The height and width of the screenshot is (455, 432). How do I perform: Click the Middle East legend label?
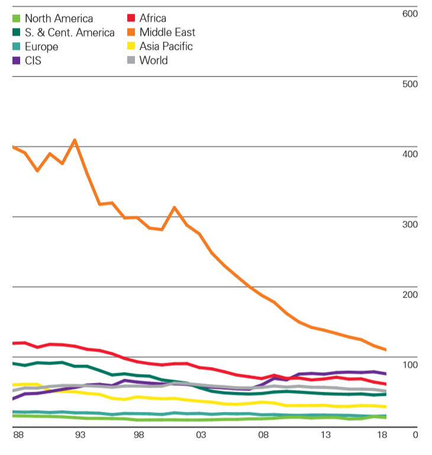167,33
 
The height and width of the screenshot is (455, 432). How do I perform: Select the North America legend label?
59,19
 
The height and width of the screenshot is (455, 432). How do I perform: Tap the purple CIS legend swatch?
17,60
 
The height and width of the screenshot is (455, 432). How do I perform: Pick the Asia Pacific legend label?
166,46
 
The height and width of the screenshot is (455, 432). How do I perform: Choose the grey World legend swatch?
130,60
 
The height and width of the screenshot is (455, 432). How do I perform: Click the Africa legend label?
153,19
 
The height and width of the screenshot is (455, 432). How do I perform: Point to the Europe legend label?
41,46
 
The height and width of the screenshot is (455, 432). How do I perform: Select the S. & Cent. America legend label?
69,33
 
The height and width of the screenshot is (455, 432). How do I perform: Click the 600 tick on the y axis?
410,13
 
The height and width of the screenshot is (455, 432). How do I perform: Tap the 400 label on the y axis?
410,154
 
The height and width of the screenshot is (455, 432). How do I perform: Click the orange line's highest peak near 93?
75,140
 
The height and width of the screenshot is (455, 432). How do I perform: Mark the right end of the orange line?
385,350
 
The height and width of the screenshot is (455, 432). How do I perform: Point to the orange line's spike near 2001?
174,207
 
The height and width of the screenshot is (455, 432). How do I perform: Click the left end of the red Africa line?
13,343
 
